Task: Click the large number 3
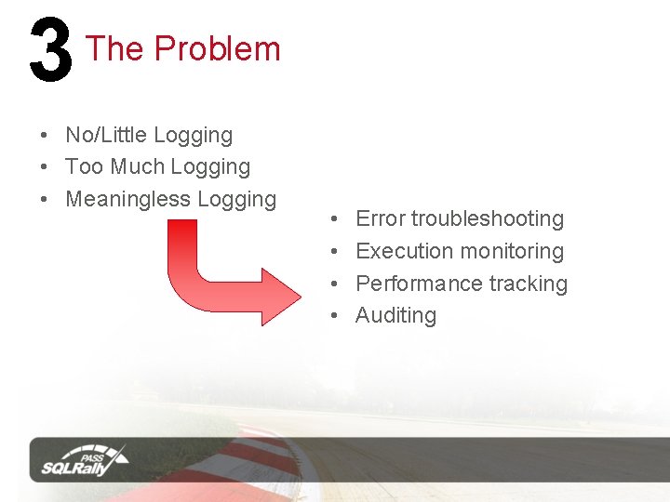click(50, 52)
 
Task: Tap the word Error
click(381, 218)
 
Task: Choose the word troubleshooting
click(488, 219)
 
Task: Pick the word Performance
click(418, 284)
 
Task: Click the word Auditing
click(395, 316)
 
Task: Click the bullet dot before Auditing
click(334, 316)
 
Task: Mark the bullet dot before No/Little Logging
click(44, 136)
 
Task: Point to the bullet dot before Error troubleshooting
click(334, 219)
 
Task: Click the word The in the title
click(114, 48)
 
